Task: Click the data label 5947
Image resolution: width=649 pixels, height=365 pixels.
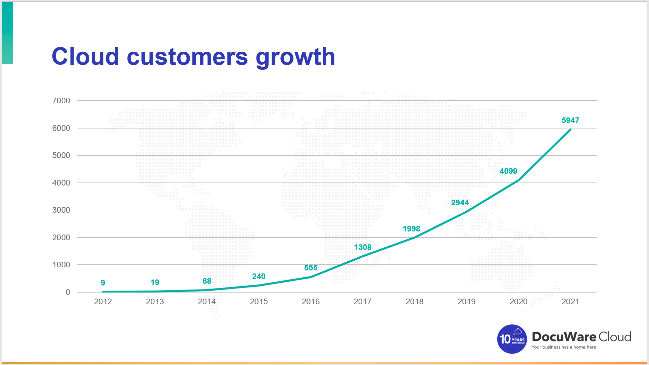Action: click(570, 120)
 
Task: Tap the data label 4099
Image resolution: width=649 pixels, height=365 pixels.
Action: click(508, 171)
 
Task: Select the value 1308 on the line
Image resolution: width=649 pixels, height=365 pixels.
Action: click(363, 247)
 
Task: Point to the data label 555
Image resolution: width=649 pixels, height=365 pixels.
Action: click(311, 268)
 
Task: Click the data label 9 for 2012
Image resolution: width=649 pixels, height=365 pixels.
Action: click(103, 283)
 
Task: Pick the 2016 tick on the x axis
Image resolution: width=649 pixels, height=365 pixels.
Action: click(311, 302)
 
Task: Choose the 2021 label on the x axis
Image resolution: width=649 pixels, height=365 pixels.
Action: click(570, 302)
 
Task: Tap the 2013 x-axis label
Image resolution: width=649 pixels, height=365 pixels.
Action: click(155, 302)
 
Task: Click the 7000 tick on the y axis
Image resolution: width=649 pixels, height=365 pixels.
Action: click(61, 101)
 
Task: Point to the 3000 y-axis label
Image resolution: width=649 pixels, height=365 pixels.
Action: click(61, 210)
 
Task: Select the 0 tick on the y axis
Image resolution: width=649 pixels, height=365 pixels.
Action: click(68, 292)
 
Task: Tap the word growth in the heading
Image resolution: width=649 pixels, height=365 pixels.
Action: click(295, 57)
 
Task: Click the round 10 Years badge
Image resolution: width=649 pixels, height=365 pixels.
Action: click(512, 339)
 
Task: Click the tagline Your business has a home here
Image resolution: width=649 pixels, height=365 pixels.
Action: click(564, 347)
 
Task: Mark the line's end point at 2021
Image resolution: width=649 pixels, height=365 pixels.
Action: click(570, 129)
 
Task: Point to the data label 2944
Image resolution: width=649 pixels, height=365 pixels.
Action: click(460, 203)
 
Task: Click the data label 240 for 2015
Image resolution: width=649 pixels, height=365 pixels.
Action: click(259, 276)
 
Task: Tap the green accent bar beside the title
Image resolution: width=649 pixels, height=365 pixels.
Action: click(7, 33)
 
